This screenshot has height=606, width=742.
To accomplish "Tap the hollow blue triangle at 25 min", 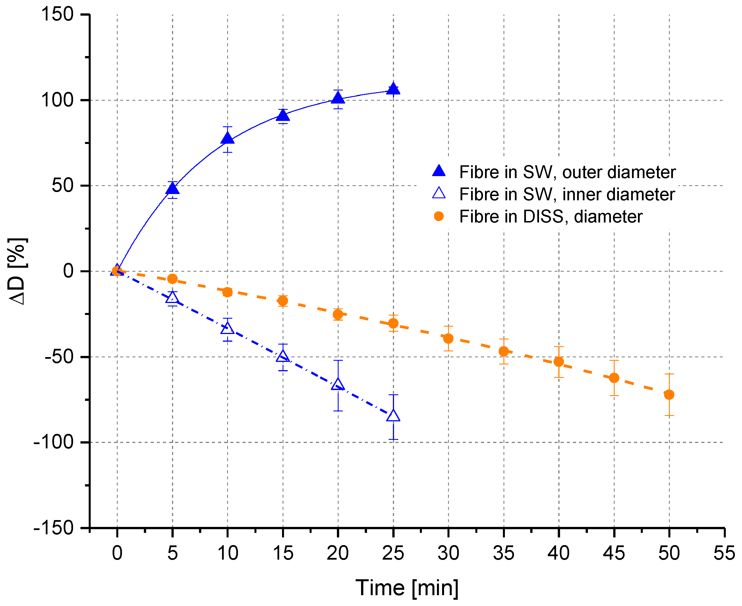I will pyautogui.click(x=393, y=416).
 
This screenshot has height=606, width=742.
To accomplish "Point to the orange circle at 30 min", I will pyautogui.click(x=448, y=338).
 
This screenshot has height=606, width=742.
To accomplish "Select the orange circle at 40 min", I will pyautogui.click(x=559, y=362).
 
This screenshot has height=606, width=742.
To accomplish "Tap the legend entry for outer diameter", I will pyautogui.click(x=567, y=172).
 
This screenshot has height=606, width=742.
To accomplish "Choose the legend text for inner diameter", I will pyautogui.click(x=567, y=194).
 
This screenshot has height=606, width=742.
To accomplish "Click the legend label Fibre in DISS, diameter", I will pyautogui.click(x=550, y=217).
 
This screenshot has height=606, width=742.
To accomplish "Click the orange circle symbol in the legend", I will pyautogui.click(x=439, y=217).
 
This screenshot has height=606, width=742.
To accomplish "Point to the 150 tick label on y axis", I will pyautogui.click(x=57, y=15).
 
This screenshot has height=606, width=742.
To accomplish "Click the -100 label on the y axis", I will pyautogui.click(x=53, y=442).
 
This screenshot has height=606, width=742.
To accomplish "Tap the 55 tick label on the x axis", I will pyautogui.click(x=724, y=553).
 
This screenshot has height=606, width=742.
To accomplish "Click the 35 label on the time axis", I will pyautogui.click(x=503, y=553).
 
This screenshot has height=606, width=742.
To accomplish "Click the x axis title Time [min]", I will pyautogui.click(x=407, y=588).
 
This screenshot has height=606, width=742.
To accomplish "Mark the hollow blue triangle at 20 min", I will pyautogui.click(x=338, y=384).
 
